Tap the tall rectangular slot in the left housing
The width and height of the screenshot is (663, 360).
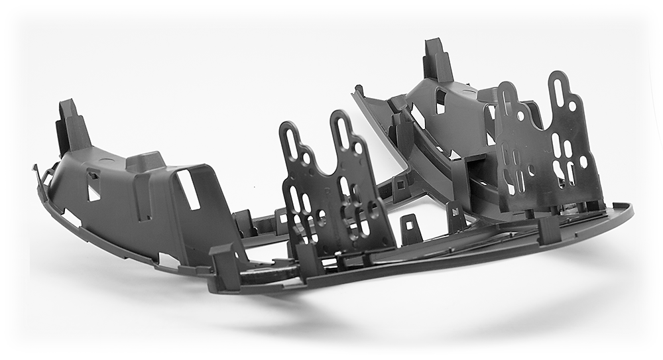[188, 190]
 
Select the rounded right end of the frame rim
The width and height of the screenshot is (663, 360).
[623, 211]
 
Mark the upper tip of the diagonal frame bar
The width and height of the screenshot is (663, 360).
[359, 90]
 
